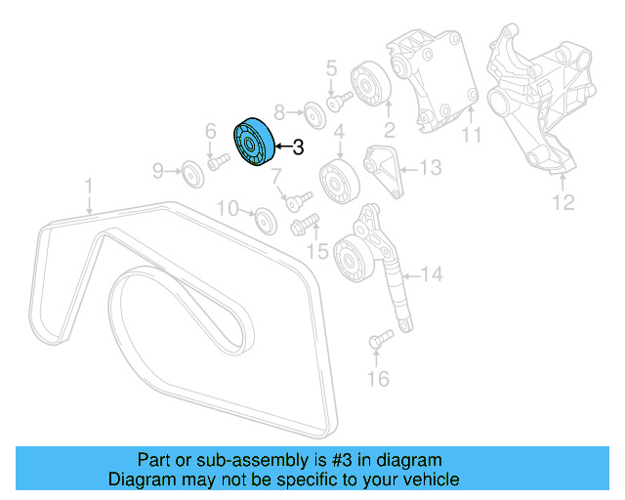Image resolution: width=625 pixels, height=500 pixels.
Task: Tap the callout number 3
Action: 299,147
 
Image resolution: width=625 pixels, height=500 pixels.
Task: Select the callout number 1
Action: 88,185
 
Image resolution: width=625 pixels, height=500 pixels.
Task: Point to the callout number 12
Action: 564,203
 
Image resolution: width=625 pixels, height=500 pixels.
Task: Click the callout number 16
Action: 379,377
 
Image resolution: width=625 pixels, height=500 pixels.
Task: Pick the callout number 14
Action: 432,274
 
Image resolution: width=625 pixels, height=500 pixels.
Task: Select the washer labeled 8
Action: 312,111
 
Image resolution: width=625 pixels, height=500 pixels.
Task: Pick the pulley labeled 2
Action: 371,84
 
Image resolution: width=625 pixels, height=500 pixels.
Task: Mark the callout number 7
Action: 276,177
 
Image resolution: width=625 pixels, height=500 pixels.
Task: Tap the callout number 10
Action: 228,207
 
